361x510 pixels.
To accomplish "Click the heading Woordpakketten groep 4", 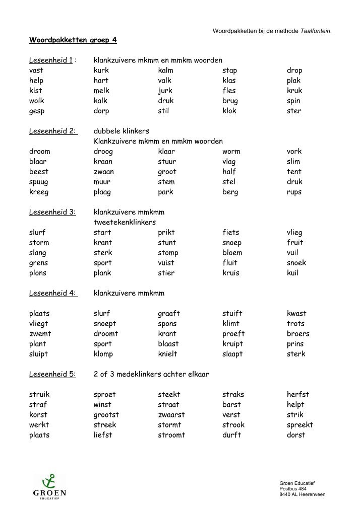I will coord(73,39).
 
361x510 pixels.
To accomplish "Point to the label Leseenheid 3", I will coord(52,212).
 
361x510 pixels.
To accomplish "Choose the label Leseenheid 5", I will coord(52,374).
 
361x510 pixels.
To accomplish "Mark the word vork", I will coord(294,152).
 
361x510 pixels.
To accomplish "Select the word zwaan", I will coord(104,172).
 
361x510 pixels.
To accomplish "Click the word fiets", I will coord(231,233).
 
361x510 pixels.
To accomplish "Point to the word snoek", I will coord(296,263).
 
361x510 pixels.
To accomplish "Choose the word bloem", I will coord(232,253).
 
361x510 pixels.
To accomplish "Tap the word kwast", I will coord(296,314).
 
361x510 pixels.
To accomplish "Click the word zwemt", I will coord(40,334).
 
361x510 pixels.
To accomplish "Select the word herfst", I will coord(298,395).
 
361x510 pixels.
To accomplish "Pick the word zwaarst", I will coord(171,415).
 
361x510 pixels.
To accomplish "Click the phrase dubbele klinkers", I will coord(122,131).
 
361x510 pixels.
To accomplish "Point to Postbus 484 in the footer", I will coord(292,489).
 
